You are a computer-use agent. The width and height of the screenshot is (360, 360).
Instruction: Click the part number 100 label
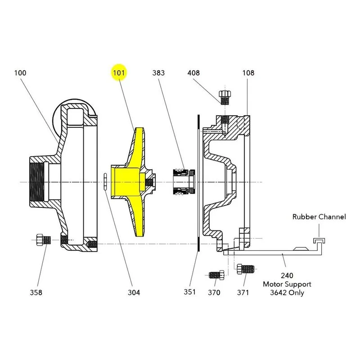pos(20,73)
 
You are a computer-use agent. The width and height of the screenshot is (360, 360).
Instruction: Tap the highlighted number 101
pos(119,73)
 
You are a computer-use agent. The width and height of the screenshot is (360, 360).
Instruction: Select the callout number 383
pos(158,73)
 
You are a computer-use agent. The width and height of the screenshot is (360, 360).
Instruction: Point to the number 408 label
pos(193,73)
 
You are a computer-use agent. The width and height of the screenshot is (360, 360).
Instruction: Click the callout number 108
pos(248,73)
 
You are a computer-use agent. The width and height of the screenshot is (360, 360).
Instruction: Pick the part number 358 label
pos(36,292)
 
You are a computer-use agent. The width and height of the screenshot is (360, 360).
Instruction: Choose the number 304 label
pos(134,292)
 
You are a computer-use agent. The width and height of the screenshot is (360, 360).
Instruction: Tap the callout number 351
pos(189,292)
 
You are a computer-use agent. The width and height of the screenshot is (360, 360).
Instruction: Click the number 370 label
pos(214,292)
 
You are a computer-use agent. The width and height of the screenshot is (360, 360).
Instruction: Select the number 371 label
pos(243,292)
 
